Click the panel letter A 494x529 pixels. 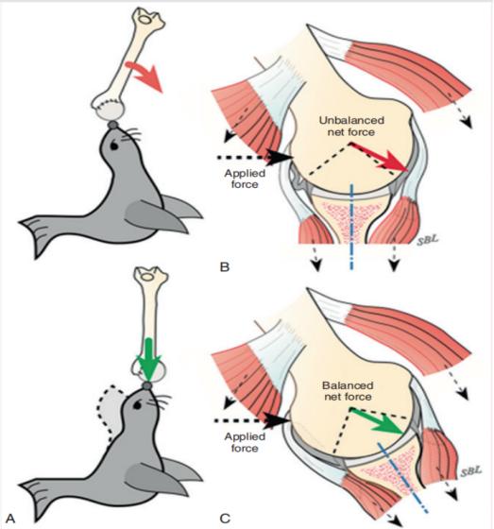click(x=10, y=519)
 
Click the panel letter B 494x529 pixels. click(x=225, y=266)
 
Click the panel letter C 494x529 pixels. click(x=225, y=519)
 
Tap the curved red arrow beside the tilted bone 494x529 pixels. click(x=144, y=75)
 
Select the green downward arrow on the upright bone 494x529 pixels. click(x=149, y=359)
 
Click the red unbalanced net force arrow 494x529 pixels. click(x=380, y=157)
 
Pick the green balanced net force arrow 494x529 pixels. click(x=377, y=421)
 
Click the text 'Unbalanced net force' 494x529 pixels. click(x=351, y=126)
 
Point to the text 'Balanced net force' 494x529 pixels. click(x=348, y=391)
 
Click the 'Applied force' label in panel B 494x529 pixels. click(x=245, y=179)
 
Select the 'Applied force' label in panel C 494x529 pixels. click(x=245, y=442)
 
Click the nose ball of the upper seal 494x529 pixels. click(x=112, y=126)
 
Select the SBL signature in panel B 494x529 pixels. click(x=428, y=240)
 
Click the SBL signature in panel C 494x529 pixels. click(x=471, y=471)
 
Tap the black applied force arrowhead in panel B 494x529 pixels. click(x=281, y=157)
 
